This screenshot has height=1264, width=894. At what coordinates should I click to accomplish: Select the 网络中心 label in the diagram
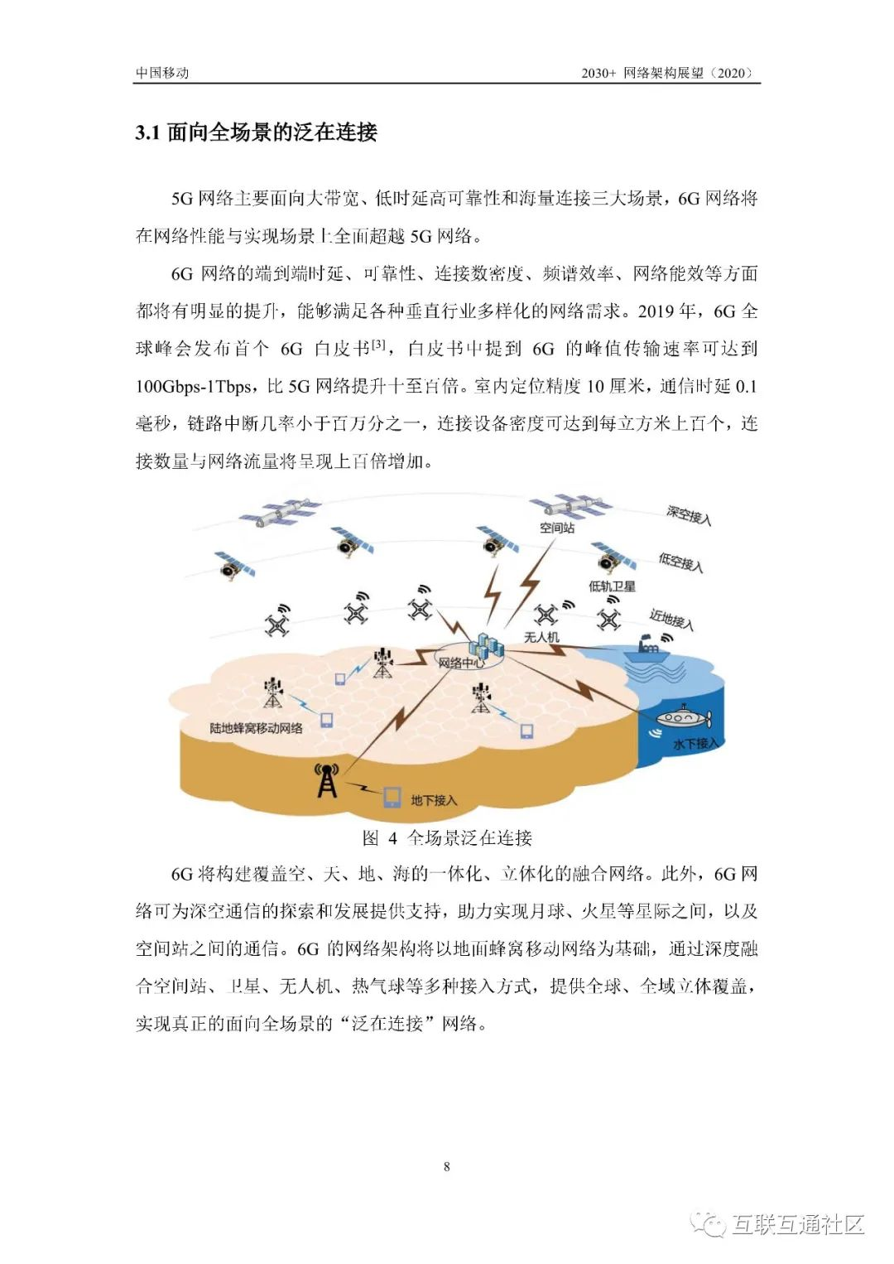[x=461, y=663]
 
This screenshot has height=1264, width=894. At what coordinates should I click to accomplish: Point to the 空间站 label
[x=556, y=528]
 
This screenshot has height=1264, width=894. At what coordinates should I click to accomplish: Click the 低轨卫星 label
[x=612, y=586]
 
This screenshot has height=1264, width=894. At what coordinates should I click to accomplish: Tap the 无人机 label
[x=541, y=637]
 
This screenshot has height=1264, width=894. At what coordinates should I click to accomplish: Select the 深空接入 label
[x=689, y=515]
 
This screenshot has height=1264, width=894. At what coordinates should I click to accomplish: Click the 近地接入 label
[x=670, y=620]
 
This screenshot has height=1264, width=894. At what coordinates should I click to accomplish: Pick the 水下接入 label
[x=696, y=744]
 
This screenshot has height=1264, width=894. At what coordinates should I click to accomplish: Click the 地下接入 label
[x=434, y=800]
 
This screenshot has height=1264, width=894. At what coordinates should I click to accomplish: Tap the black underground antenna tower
[x=327, y=780]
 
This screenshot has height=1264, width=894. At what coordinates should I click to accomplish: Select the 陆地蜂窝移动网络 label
[x=256, y=728]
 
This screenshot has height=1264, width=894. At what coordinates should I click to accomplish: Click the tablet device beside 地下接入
[x=392, y=797]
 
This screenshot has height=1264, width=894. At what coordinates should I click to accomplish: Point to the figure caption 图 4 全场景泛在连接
[x=447, y=837]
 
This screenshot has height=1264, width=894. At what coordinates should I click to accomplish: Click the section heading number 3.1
[x=147, y=133]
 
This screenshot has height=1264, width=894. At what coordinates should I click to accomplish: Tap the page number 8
[x=447, y=1166]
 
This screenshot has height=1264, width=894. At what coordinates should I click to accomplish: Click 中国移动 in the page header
[x=162, y=73]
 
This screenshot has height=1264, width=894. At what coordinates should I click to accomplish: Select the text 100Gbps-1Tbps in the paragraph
[x=195, y=386]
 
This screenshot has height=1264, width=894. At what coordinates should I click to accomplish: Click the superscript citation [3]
[x=378, y=344]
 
